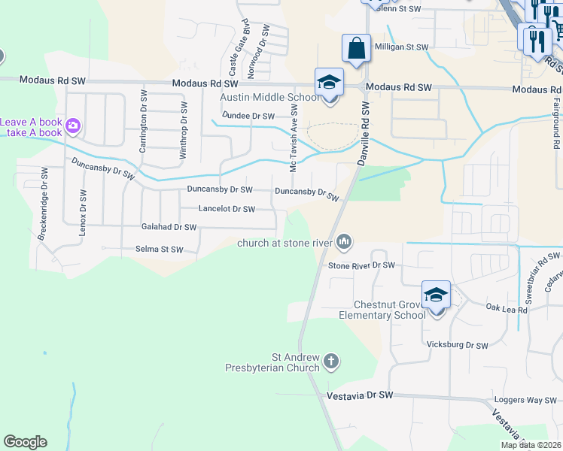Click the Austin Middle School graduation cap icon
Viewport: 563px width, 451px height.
pos(329,82)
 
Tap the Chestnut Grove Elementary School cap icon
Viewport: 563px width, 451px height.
pos(436,295)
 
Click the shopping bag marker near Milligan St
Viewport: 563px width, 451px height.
pos(356,49)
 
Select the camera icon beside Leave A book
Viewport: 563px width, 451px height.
pos(73,126)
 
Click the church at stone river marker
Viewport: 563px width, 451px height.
pos(345,241)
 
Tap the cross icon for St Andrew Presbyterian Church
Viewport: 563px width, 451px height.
pos(330,363)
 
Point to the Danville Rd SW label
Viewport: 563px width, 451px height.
pos(364,135)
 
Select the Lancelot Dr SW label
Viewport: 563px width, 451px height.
pos(227,209)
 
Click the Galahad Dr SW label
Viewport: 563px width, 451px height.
pos(169,226)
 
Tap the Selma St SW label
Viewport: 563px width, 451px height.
pos(159,249)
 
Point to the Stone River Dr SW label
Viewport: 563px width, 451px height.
pos(361,265)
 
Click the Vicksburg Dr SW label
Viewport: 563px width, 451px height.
pos(458,345)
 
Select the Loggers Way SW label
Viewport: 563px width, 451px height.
pos(525,401)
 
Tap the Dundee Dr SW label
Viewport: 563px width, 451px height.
pos(248,116)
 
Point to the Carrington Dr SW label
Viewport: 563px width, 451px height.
pos(142,121)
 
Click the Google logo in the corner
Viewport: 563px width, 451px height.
pos(25,442)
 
